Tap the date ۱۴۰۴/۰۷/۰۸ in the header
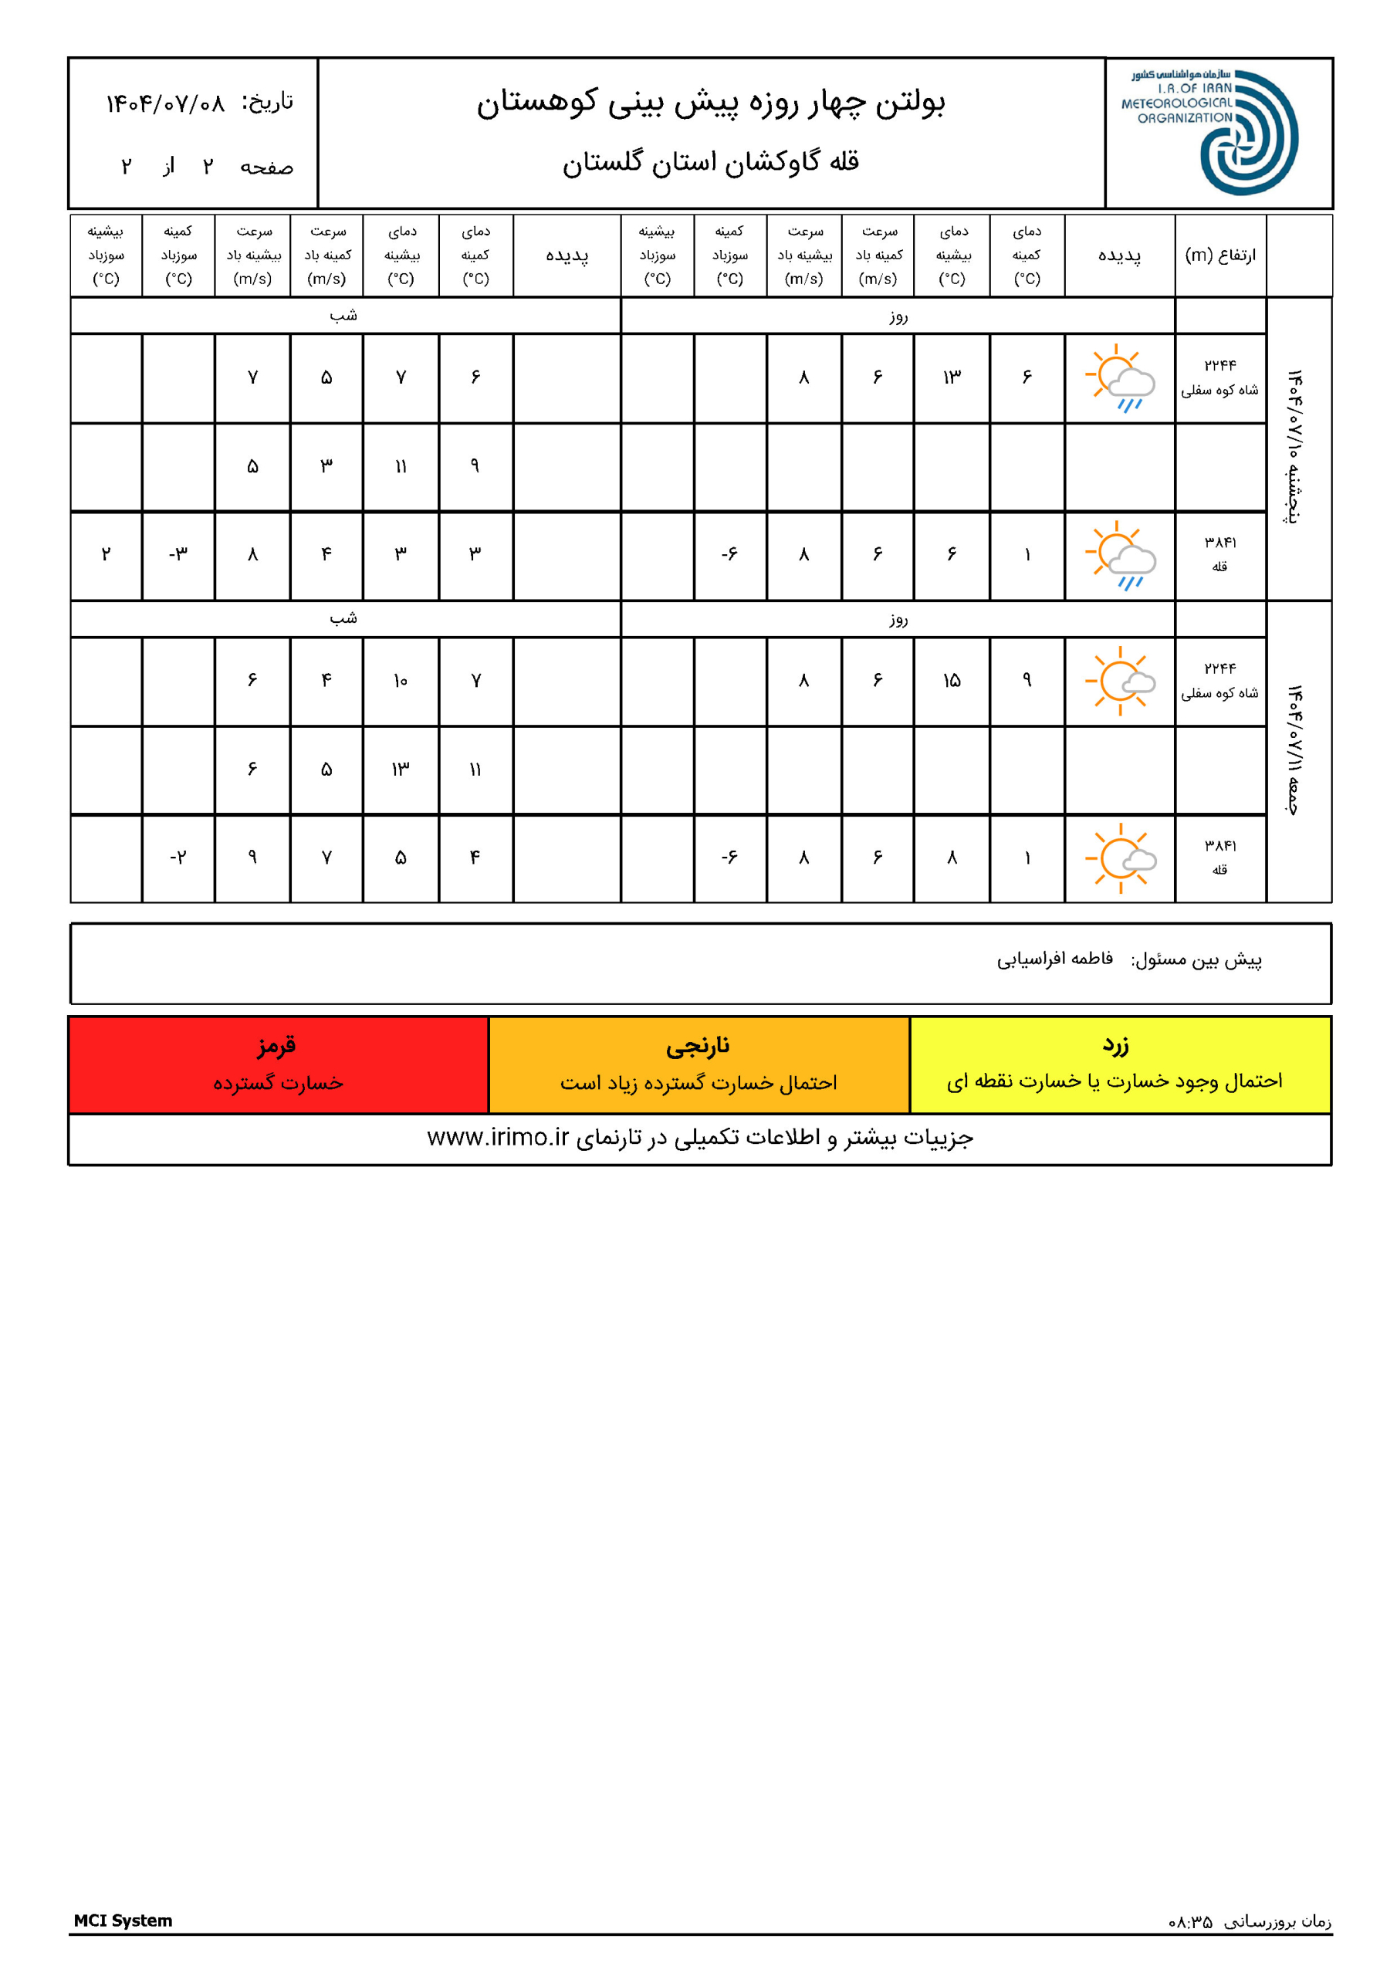point(164,104)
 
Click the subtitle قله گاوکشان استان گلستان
point(711,162)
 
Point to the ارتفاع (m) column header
point(1219,255)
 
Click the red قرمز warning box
point(278,1064)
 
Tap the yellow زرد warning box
point(1119,1064)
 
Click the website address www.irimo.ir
point(499,1138)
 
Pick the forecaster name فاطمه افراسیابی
point(1054,959)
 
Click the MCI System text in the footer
point(123,1920)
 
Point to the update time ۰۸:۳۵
point(1190,1922)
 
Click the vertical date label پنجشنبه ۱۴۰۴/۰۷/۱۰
point(1294,448)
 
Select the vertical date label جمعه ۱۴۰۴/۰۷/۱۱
point(1294,749)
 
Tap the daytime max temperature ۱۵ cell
point(951,681)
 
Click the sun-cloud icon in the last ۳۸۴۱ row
point(1120,858)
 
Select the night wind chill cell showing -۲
point(178,858)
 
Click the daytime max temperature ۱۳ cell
point(951,377)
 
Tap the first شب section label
point(343,316)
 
